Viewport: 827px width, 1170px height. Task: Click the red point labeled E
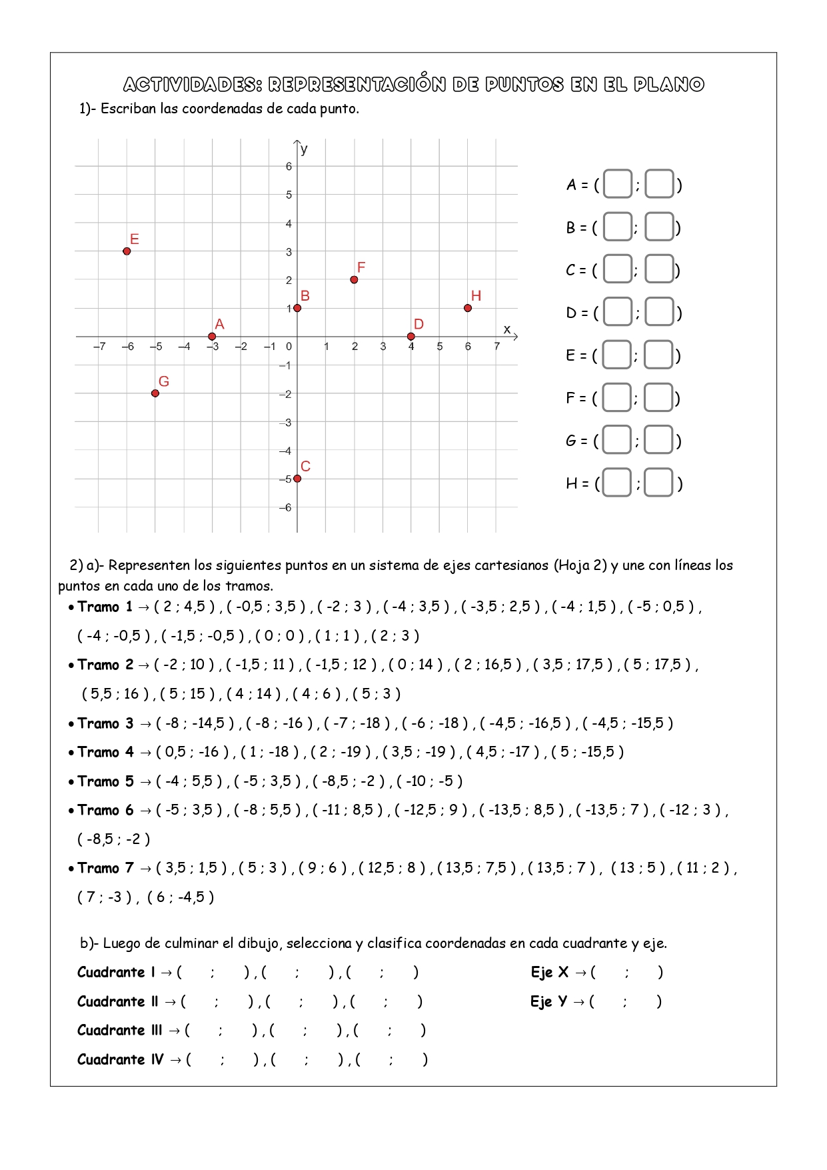click(x=127, y=251)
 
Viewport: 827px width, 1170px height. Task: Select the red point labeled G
click(x=155, y=393)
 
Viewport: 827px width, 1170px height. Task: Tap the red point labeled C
click(x=297, y=479)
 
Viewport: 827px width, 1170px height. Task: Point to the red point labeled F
click(x=354, y=280)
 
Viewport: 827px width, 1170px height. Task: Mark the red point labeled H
click(x=468, y=308)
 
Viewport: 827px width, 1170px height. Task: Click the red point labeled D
click(x=411, y=337)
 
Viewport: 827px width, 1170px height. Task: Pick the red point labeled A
click(x=212, y=337)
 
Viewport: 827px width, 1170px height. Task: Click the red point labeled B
click(x=297, y=308)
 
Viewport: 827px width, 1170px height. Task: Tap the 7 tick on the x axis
click(x=496, y=347)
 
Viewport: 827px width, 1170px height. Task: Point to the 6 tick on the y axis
click(x=289, y=167)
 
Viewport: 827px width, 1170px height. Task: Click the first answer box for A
click(x=618, y=185)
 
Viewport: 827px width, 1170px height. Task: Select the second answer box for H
click(x=659, y=483)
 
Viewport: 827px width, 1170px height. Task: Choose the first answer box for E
click(x=617, y=355)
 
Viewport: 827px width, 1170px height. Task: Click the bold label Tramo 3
click(x=105, y=723)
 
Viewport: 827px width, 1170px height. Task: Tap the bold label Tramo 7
click(x=105, y=868)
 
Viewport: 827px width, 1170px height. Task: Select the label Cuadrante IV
click(x=120, y=1059)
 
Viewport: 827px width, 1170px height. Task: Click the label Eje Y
click(x=548, y=1001)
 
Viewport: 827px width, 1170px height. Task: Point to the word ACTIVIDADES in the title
click(x=193, y=85)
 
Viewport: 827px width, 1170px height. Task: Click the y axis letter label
click(x=305, y=149)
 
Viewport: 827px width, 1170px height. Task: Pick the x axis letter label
click(x=507, y=329)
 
